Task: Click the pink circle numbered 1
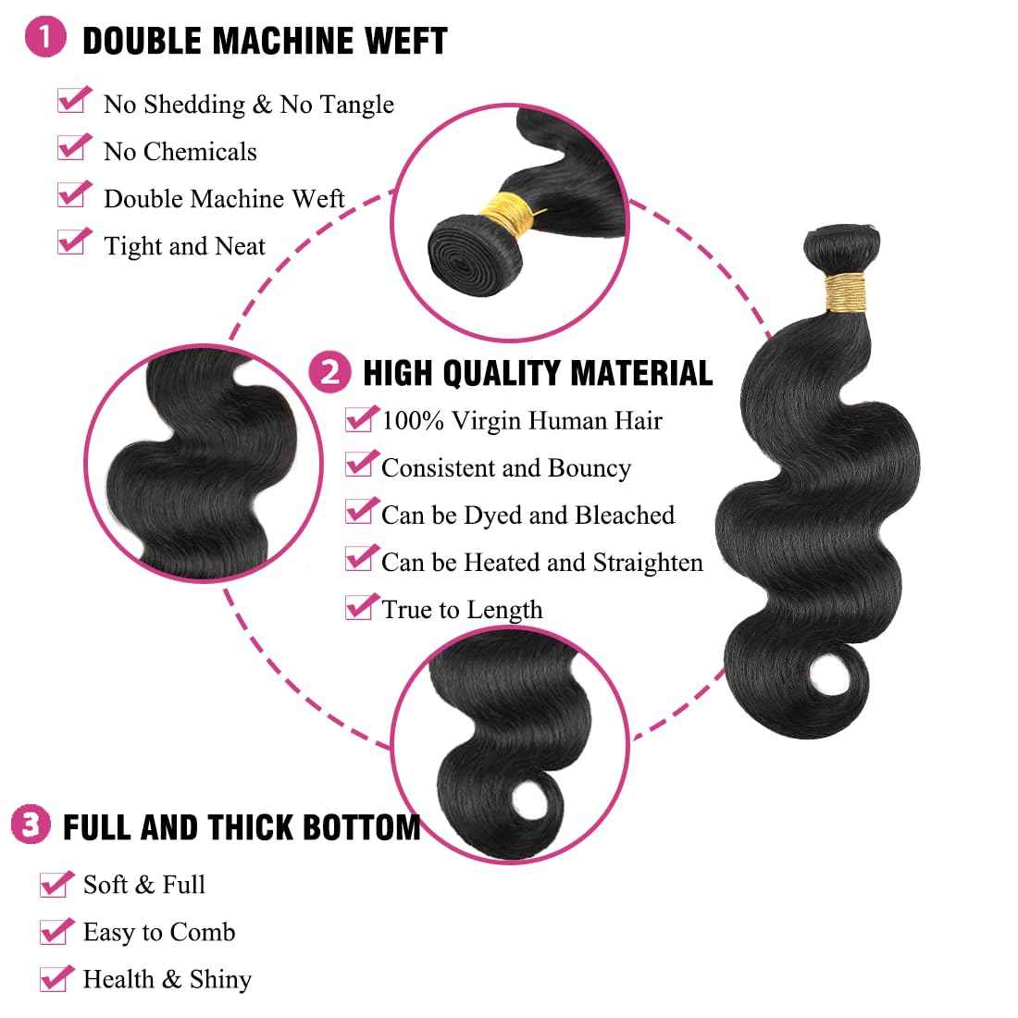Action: coord(52,39)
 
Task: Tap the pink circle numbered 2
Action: coord(330,372)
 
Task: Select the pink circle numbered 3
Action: coord(31,825)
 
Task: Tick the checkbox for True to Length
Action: coord(358,608)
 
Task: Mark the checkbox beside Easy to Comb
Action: coord(54,931)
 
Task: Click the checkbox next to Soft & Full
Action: coord(54,884)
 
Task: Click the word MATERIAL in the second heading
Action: coord(641,373)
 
